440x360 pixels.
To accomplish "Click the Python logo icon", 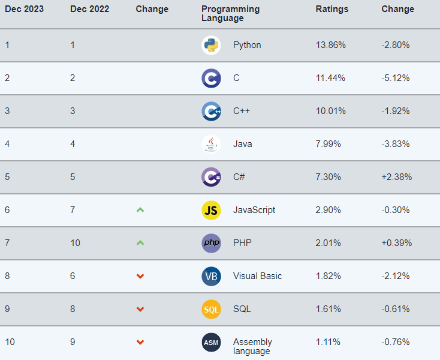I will [x=211, y=45].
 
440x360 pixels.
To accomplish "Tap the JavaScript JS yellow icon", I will [x=211, y=210].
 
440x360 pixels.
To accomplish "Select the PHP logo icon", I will [x=211, y=243].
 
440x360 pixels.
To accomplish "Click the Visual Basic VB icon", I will [x=211, y=276].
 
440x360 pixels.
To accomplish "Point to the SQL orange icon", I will [x=211, y=309].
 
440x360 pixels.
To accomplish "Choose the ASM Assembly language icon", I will [x=211, y=342].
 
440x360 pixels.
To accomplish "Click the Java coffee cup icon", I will [x=211, y=144].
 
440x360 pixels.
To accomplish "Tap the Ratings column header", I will [x=332, y=9].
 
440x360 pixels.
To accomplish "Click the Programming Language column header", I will [x=231, y=13].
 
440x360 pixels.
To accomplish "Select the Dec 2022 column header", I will [x=89, y=9].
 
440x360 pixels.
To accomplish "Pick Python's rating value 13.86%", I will [x=331, y=45].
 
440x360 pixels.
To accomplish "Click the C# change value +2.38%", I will [x=397, y=177].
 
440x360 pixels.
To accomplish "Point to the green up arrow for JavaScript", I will [x=140, y=210].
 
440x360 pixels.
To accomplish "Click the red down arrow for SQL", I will [x=140, y=309].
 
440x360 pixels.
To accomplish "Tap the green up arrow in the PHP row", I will [x=140, y=243].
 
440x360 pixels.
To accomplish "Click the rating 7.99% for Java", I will [x=329, y=144].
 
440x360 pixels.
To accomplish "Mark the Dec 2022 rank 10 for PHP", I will [x=75, y=243].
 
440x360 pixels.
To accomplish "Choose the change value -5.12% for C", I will [x=396, y=78].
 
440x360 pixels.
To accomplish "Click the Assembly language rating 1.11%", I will [x=328, y=342].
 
